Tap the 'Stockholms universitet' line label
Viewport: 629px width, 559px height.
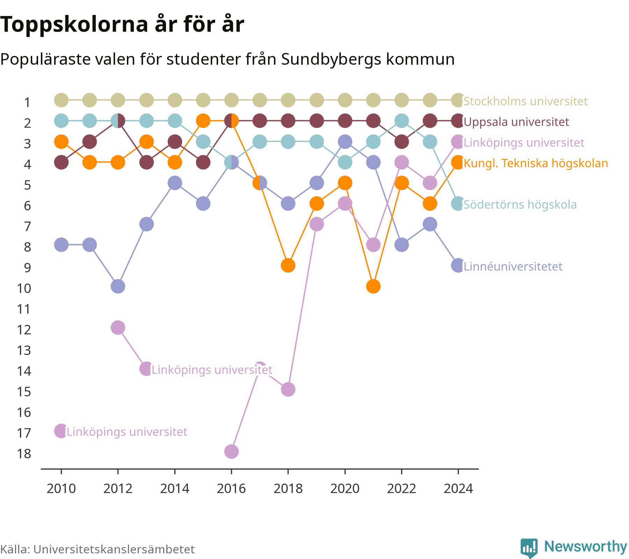tap(526, 101)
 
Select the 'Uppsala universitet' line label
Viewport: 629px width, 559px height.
tap(516, 122)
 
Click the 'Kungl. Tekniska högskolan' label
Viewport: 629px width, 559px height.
tap(536, 163)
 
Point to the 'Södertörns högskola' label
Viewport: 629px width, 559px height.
tap(520, 204)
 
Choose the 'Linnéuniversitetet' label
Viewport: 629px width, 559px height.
tap(513, 267)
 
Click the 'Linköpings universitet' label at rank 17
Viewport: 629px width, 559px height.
tap(127, 432)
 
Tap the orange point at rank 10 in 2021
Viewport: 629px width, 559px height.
tap(373, 286)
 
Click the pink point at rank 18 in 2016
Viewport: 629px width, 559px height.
tap(231, 451)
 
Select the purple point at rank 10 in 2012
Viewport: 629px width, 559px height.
tap(118, 286)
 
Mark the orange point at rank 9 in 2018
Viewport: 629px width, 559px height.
tap(288, 266)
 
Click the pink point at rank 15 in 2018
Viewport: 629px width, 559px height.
tap(288, 389)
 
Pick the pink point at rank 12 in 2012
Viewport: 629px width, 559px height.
tap(118, 328)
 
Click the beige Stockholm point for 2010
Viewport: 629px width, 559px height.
tap(61, 100)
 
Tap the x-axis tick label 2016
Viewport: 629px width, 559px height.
tap(231, 488)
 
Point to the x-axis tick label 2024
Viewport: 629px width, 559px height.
tap(458, 488)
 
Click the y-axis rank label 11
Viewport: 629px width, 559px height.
tap(24, 309)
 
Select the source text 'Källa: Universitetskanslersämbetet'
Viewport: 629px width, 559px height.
tap(97, 549)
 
